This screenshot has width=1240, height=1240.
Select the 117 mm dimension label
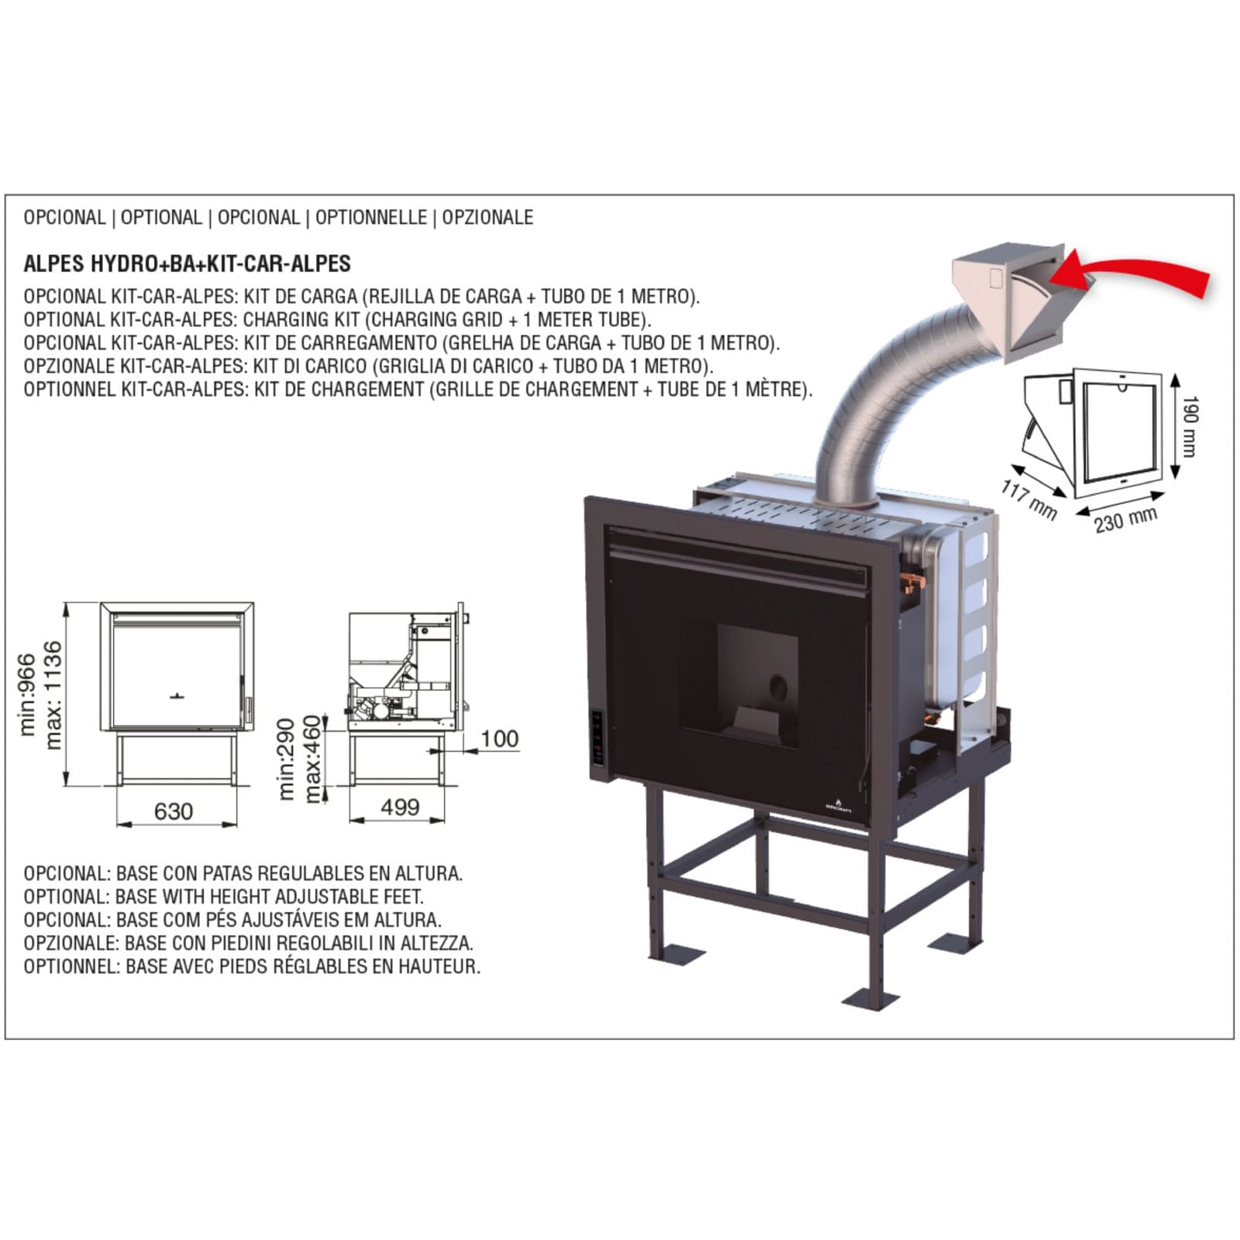click(x=1029, y=500)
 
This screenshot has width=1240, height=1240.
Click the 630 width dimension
click(x=173, y=811)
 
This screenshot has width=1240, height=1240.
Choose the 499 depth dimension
click(x=400, y=807)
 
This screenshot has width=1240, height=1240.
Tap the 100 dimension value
click(x=499, y=739)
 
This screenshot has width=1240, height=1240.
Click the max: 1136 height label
click(x=53, y=695)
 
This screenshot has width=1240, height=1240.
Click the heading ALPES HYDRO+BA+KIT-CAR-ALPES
click(x=187, y=263)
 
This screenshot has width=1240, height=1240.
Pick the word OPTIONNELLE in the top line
click(x=370, y=217)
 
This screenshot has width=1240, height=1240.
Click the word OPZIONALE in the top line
click(x=487, y=217)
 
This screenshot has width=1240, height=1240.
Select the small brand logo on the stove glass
click(x=838, y=804)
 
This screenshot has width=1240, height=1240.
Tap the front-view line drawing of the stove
click(x=177, y=694)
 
